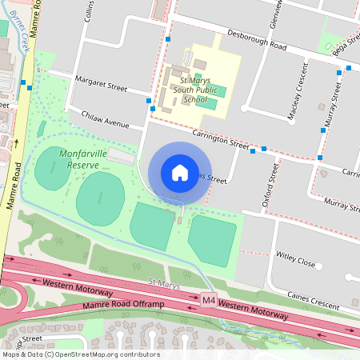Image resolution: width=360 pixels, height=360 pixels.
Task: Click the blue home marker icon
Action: click(x=179, y=173)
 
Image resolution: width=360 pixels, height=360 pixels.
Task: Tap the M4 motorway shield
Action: click(x=209, y=300)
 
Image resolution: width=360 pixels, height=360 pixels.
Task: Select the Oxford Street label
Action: click(x=270, y=185)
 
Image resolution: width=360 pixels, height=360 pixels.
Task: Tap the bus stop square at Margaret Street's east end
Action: click(x=150, y=100)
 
